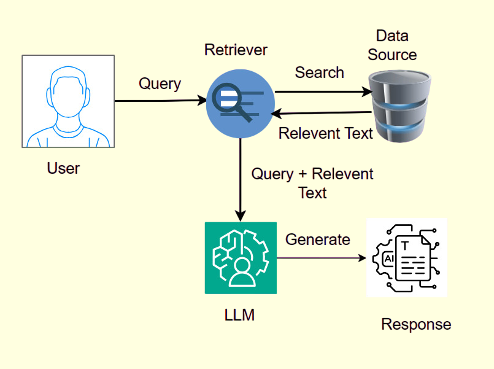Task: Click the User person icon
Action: point(68,101)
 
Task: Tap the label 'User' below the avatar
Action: point(63,168)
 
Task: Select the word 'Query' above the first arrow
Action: point(160,84)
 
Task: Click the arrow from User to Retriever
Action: point(160,100)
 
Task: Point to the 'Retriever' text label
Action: point(236,50)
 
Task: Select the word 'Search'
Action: point(319,72)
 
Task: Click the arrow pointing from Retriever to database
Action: point(322,92)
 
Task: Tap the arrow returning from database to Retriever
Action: point(322,113)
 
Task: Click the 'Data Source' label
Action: point(392,45)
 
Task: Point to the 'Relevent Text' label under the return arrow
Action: point(326,133)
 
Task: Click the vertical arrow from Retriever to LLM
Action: point(241,178)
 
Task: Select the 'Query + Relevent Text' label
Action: point(312,183)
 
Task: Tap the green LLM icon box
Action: point(241,258)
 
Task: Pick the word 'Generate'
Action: point(317,239)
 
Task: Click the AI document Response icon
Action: point(406,258)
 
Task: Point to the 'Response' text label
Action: point(416,324)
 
